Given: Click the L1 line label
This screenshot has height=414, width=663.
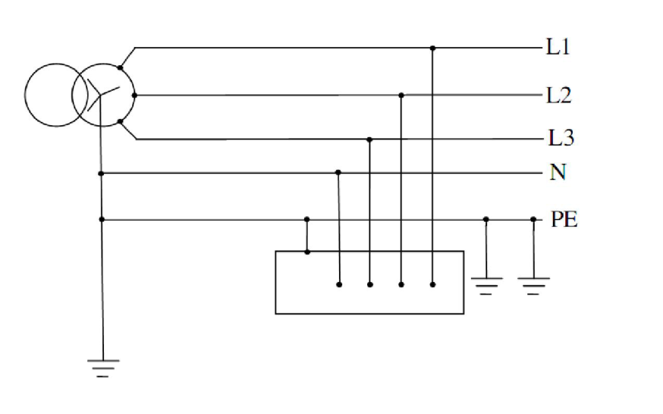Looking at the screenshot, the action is click(558, 46).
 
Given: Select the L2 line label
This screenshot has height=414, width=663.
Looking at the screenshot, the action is click(559, 96).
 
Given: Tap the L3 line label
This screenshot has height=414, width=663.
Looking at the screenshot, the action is click(561, 138).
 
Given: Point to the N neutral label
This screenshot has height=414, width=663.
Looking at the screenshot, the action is click(558, 172).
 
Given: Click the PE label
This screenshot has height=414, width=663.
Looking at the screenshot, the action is click(564, 219).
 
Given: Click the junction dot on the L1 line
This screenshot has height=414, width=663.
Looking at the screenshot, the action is click(432, 49).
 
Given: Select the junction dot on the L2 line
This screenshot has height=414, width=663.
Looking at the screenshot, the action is click(401, 96).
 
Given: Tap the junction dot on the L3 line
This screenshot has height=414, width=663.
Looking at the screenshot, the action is click(369, 140).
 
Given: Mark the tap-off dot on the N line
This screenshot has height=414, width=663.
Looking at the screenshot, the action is click(338, 172).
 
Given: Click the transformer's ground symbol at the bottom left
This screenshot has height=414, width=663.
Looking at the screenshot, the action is click(103, 368).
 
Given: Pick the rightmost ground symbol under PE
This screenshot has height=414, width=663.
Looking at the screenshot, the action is click(533, 286).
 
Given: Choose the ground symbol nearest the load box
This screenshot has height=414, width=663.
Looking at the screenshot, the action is click(487, 286).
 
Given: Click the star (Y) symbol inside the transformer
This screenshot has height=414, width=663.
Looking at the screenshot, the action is click(102, 95).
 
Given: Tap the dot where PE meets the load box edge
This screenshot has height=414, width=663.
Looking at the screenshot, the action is click(307, 252).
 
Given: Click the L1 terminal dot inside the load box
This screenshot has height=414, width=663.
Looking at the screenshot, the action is click(432, 285).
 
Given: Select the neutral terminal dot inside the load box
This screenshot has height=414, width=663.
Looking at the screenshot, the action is click(339, 285).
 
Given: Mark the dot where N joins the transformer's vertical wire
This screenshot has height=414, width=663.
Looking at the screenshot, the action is click(101, 174).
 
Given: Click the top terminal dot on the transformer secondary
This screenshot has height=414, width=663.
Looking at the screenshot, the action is click(120, 67).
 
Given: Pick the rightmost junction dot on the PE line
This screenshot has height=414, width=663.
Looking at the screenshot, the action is click(533, 219).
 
